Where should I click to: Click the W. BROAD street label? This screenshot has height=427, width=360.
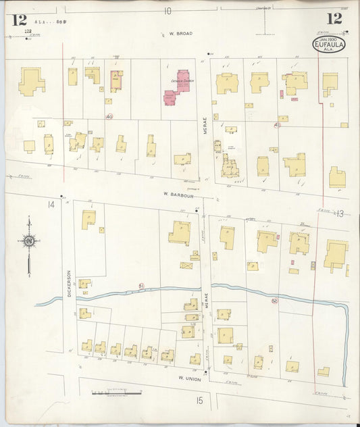coord(180,33)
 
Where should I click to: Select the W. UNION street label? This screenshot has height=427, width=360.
coord(189,379)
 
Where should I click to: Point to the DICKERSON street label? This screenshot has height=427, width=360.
coord(69,283)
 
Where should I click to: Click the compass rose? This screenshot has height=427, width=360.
coord(28,241)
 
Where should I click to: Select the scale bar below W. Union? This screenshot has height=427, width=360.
coord(116,392)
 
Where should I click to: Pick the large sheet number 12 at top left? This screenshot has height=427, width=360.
coord(19,19)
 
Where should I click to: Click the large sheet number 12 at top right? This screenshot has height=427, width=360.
coord(334,18)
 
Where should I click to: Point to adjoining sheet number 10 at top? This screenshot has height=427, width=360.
coord(168,11)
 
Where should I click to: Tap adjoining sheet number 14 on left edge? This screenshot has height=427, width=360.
coord(50,204)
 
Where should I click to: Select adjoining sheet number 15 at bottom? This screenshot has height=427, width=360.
coord(199,401)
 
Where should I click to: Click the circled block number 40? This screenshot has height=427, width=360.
coord(109,116)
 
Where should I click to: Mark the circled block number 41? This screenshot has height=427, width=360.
coord(276,125)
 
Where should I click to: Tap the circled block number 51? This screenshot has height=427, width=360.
coord(142,286)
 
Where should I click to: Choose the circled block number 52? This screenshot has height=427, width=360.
coord(274,301)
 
